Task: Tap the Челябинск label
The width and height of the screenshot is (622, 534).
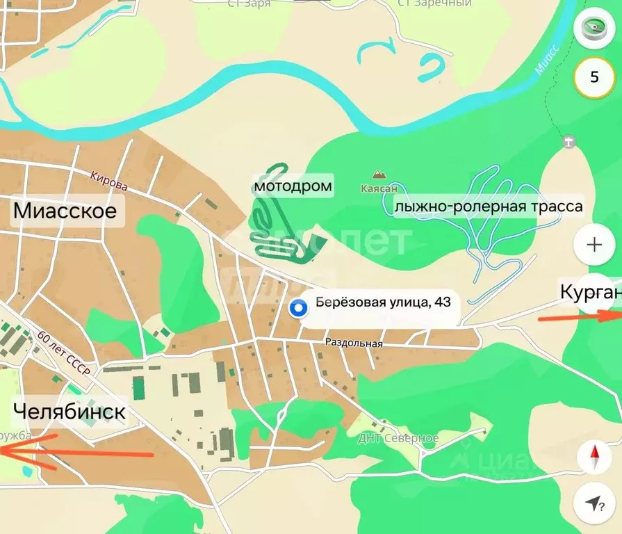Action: click(x=69, y=412)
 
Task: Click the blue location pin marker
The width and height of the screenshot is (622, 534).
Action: click(x=299, y=307)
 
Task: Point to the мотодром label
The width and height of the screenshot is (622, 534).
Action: click(x=293, y=186)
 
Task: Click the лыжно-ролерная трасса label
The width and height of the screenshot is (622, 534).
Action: click(x=488, y=207)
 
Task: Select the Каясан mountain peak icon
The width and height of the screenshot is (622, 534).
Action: click(x=379, y=174)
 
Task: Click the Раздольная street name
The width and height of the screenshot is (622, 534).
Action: click(x=354, y=343)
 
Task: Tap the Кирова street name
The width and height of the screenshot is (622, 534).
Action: click(x=109, y=181)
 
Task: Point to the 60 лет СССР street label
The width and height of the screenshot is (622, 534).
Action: click(x=65, y=354)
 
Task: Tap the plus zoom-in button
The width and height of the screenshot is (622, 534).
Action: click(x=594, y=245)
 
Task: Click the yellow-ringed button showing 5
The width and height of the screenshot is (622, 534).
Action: click(x=594, y=76)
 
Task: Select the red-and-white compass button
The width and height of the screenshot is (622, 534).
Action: click(x=594, y=457)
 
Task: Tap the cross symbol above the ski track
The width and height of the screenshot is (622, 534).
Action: click(x=569, y=142)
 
